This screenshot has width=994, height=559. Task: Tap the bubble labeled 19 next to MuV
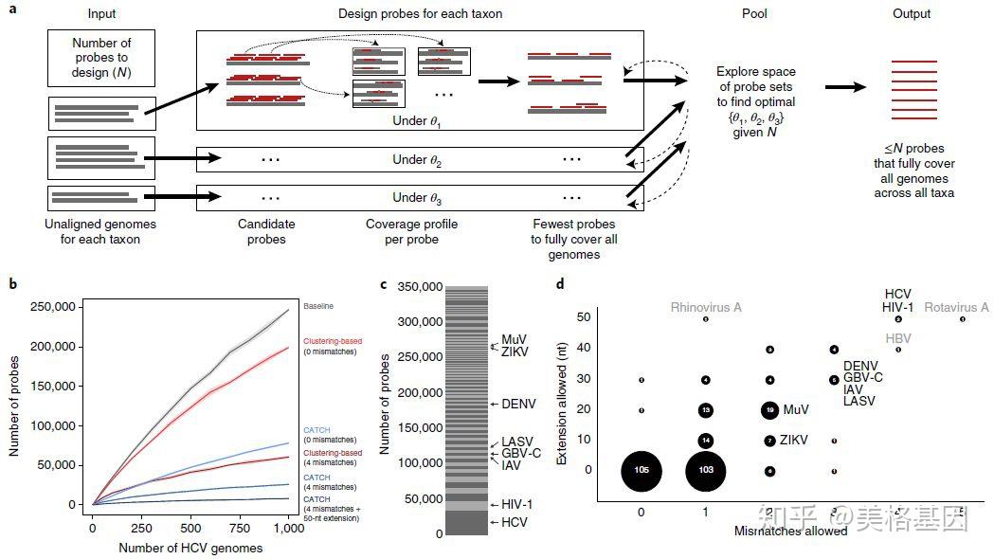click(x=769, y=410)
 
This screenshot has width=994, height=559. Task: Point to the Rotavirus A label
click(x=956, y=307)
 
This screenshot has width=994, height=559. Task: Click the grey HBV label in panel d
click(x=897, y=336)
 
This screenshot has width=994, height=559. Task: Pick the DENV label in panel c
click(x=519, y=404)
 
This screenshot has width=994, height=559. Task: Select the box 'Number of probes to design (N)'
click(x=100, y=57)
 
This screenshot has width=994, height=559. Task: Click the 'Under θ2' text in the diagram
click(x=417, y=159)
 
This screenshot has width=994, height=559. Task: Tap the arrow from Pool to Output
click(x=845, y=86)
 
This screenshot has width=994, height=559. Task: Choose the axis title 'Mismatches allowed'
click(x=790, y=532)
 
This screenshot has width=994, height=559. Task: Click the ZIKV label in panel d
click(x=795, y=441)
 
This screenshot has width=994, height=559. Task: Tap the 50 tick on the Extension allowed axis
click(x=587, y=318)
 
